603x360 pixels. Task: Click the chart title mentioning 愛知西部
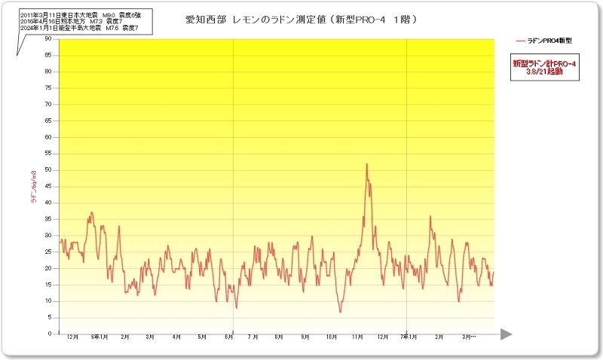point(301,19)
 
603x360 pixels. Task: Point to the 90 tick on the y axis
point(48,38)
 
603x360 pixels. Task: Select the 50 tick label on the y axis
point(48,169)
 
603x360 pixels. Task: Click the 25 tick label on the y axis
point(48,252)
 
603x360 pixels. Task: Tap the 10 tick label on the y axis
point(48,301)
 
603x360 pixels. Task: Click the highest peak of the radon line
point(366,164)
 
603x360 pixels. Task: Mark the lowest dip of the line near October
point(340,312)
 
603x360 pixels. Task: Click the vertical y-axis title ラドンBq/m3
point(33,188)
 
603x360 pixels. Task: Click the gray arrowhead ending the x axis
point(506,334)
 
